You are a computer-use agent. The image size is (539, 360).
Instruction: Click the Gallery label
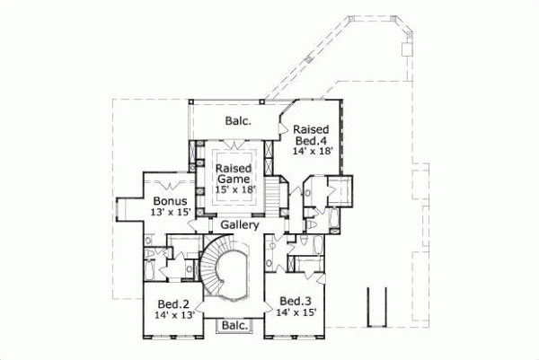240,225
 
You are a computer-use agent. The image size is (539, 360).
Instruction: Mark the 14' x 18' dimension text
314,151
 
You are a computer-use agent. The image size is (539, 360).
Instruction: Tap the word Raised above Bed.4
323,128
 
